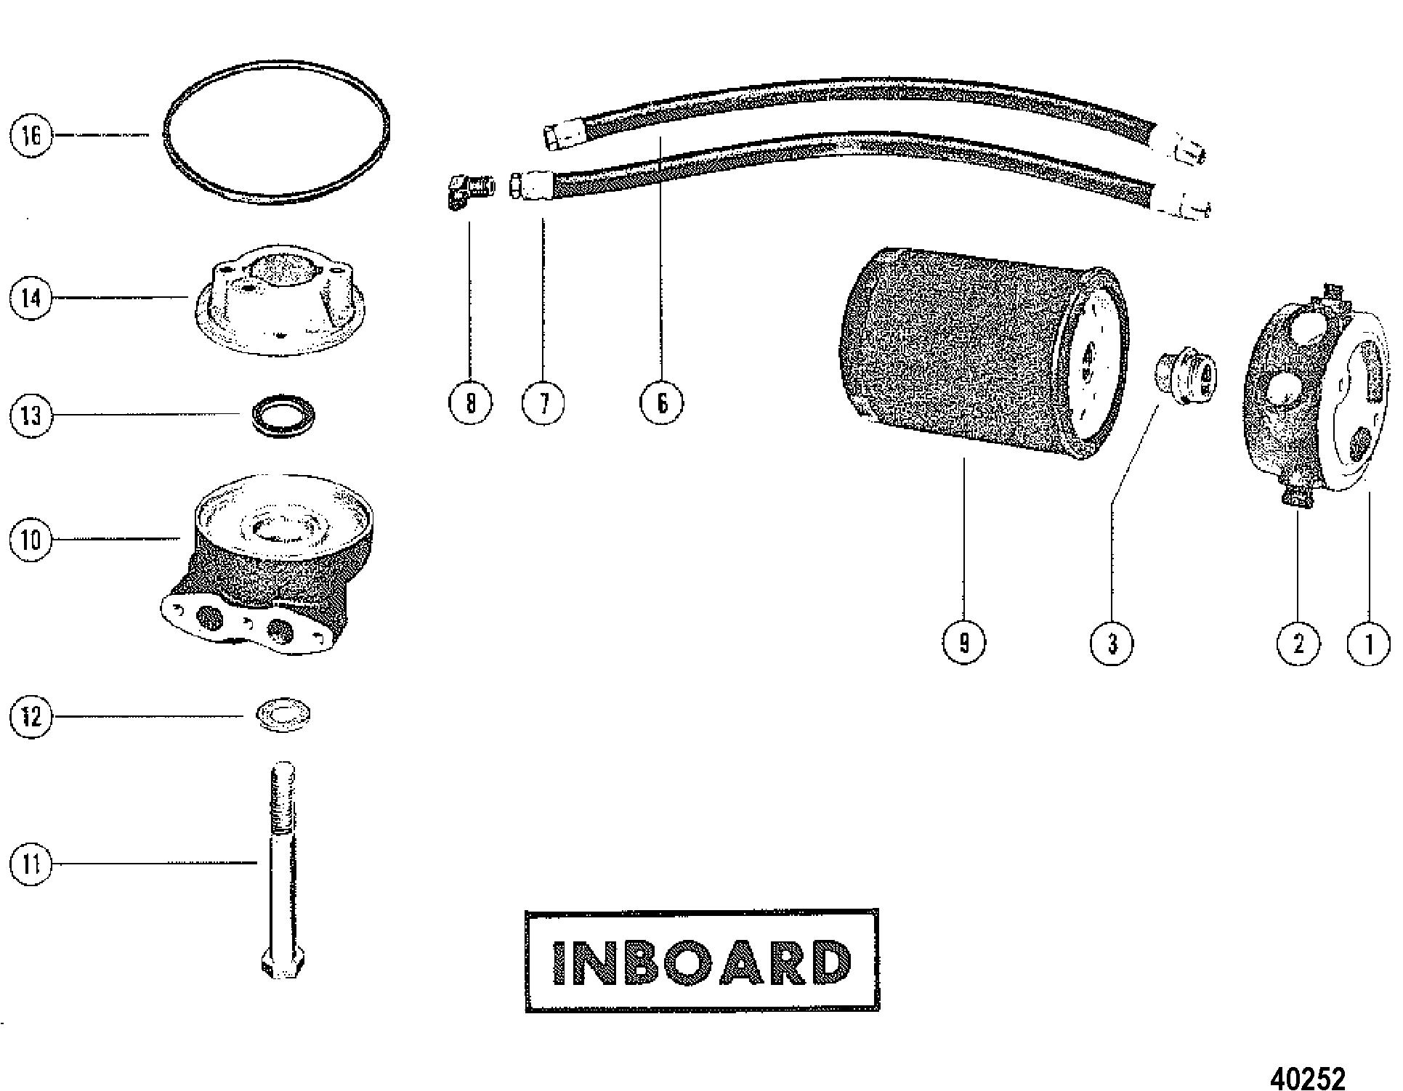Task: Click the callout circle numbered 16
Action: [31, 136]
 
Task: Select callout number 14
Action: [31, 298]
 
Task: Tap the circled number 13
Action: [31, 416]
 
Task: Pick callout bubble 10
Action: [31, 540]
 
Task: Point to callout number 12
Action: [31, 718]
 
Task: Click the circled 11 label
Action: [31, 864]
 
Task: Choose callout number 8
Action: [470, 402]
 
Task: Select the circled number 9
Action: [963, 643]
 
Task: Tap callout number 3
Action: [1112, 643]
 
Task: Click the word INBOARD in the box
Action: [701, 962]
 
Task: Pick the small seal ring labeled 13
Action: [283, 416]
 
